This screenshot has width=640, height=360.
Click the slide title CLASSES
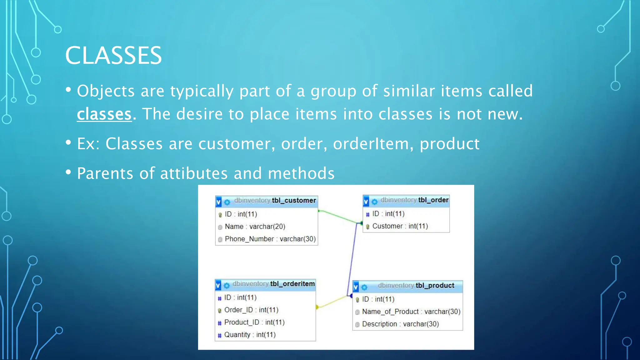(113, 56)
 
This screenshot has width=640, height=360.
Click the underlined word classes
(104, 114)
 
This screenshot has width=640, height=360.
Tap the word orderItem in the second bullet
(371, 144)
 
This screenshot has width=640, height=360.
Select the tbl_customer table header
(275, 201)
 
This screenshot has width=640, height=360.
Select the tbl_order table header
(414, 200)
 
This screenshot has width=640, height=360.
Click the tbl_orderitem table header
(273, 284)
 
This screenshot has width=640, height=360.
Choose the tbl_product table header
(416, 286)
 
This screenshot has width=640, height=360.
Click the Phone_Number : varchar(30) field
(270, 239)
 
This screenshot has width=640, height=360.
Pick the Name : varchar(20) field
(255, 227)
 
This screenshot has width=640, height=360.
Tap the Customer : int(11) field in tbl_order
(400, 226)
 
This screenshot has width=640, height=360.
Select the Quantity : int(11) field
(250, 335)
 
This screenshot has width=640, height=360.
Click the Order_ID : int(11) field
(251, 310)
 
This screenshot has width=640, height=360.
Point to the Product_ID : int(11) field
(254, 322)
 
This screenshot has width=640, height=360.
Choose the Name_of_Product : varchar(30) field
(411, 312)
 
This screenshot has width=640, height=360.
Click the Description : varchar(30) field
(400, 324)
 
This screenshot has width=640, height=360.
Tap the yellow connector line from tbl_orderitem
(333, 302)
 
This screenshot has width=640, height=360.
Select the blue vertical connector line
(352, 259)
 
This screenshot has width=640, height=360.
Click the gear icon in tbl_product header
(364, 287)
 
